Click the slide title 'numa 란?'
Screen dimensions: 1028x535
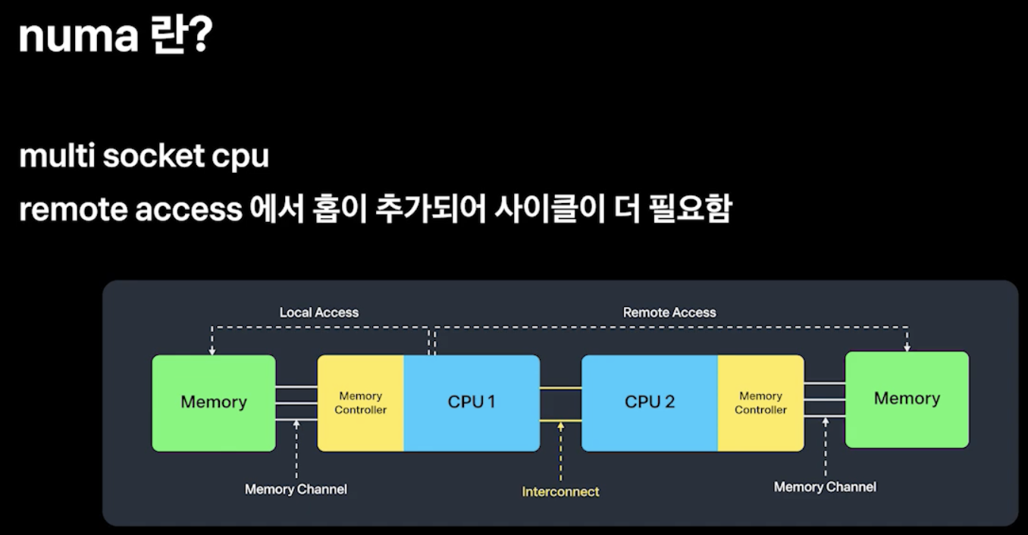pos(116,34)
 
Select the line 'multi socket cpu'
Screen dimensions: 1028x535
pos(144,156)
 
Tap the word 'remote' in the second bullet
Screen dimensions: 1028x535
pos(73,209)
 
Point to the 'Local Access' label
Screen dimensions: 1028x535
pos(319,312)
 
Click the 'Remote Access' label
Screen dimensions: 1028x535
pos(669,312)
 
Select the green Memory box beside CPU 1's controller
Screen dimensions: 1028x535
pos(214,403)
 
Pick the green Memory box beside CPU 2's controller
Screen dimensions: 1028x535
pos(907,399)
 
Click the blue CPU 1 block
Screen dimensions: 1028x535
pos(472,403)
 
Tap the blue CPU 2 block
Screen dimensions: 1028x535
pos(650,403)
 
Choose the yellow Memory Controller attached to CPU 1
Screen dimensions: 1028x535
pos(360,403)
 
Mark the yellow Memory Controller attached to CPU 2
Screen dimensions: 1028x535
pos(760,403)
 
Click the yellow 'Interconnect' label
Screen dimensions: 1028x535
pos(560,492)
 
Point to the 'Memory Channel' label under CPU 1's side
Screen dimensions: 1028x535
pos(296,489)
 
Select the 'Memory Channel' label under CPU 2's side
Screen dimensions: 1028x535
pos(825,487)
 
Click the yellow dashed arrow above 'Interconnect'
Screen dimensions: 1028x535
pos(560,452)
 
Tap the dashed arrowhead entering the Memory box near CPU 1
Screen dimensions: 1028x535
pos(212,351)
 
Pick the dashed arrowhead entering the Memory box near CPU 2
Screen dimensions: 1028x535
pos(907,348)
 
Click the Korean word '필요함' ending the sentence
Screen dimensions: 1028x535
pos(690,209)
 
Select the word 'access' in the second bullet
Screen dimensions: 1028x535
pos(189,210)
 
